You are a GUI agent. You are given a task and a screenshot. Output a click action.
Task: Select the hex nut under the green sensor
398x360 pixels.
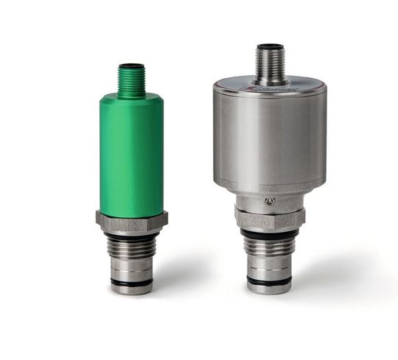point(131,219)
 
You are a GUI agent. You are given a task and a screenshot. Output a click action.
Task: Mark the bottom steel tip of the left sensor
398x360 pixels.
point(131,289)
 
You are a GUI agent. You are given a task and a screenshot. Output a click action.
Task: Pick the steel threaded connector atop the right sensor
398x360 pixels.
point(270,62)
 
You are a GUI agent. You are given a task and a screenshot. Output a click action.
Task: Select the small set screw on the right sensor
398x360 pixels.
point(271,201)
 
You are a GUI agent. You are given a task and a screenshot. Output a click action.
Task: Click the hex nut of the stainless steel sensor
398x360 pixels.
point(270,218)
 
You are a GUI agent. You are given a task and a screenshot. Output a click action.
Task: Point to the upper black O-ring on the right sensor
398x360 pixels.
point(270,234)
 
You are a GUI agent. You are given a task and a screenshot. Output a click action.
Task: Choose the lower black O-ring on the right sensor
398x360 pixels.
point(270,280)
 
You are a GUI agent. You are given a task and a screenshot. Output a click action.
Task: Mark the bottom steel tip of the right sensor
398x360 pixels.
point(270,289)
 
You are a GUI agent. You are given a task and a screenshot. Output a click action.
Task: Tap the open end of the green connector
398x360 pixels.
point(131,66)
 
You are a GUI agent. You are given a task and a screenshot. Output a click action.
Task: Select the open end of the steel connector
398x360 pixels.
point(270,46)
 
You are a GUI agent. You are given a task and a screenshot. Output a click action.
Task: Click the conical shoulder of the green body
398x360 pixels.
point(131,98)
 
